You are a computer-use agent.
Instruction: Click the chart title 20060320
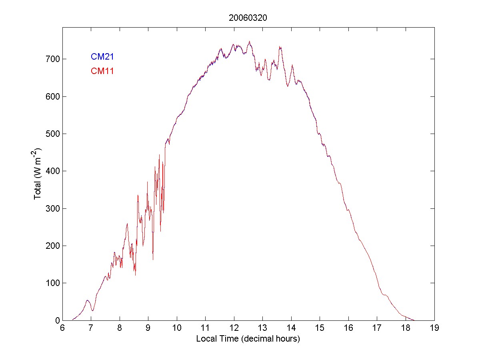click(x=248, y=18)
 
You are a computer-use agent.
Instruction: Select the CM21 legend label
click(x=102, y=56)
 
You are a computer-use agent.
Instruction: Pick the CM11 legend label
click(x=102, y=71)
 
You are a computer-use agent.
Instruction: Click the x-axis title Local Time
click(x=248, y=338)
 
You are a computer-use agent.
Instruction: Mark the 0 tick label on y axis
click(x=56, y=320)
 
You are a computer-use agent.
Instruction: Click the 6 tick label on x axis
click(x=62, y=328)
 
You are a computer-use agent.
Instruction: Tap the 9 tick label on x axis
click(x=148, y=328)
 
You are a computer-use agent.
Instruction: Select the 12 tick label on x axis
click(x=234, y=328)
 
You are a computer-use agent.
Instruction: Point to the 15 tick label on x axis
click(x=320, y=328)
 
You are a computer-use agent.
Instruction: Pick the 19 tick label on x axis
click(x=434, y=328)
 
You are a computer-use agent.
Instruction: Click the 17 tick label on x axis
click(x=377, y=328)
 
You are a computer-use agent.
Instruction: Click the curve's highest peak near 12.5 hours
click(x=250, y=41)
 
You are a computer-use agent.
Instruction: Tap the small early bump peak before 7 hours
click(x=88, y=300)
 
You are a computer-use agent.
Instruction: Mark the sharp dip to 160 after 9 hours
click(x=153, y=260)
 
